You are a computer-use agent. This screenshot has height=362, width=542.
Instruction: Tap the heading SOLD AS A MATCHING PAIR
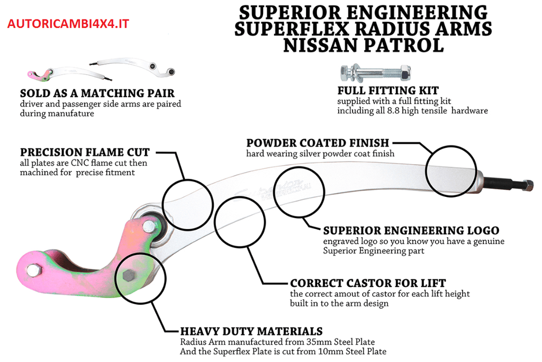[97, 94]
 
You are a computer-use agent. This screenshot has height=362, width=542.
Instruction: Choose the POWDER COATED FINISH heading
[318, 143]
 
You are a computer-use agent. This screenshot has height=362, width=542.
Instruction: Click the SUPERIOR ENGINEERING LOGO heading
[411, 231]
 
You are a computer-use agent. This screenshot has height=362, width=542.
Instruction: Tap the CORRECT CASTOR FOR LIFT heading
[368, 283]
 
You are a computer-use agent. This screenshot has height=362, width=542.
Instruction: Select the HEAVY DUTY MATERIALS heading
[251, 331]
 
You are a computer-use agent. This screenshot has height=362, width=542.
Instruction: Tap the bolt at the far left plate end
[32, 270]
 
